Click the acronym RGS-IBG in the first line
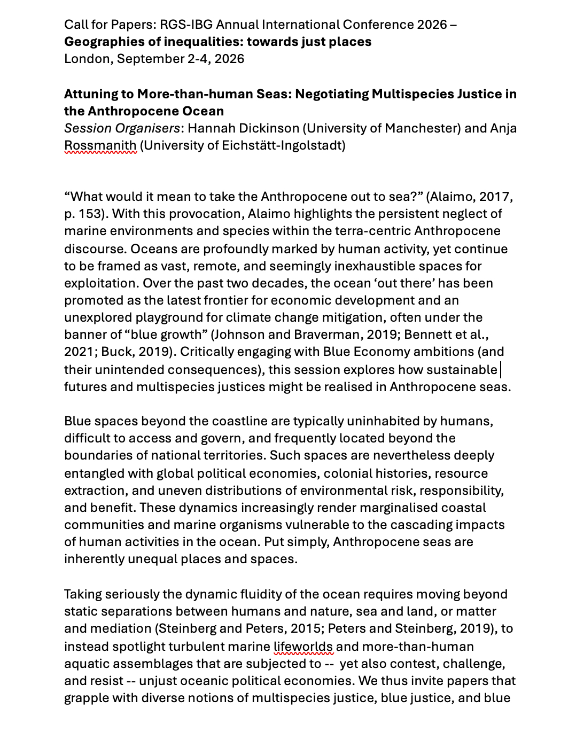click(183, 25)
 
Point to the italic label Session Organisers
click(122, 128)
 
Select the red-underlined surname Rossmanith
click(100, 145)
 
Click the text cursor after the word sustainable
click(500, 369)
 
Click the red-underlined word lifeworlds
click(303, 647)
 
